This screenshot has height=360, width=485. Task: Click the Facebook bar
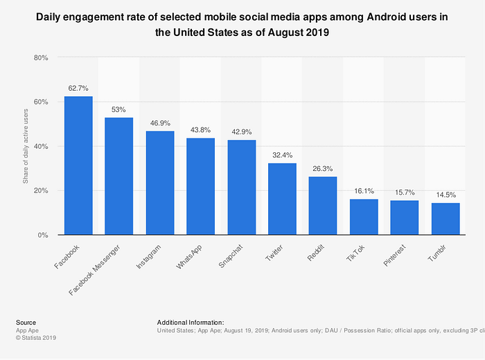tap(78, 166)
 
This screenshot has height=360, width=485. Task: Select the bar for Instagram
tap(160, 183)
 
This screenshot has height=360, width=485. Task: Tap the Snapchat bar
tap(242, 188)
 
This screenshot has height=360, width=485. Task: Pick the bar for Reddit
tap(323, 206)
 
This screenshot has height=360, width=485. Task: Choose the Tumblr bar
tap(446, 219)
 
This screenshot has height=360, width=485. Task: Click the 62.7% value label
tap(78, 88)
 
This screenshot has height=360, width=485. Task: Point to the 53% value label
tap(119, 109)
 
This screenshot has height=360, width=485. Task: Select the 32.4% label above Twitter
tap(282, 155)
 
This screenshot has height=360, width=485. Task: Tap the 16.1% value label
tap(364, 191)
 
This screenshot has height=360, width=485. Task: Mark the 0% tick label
tap(42, 235)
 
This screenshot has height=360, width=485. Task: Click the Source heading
tap(26, 322)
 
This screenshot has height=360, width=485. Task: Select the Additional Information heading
tap(191, 322)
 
